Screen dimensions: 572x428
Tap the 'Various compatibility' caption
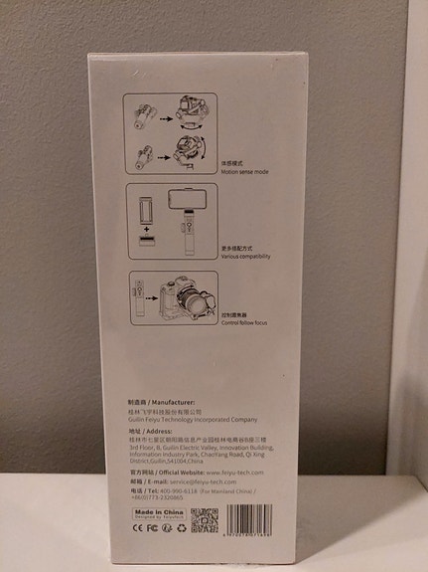tap(245, 256)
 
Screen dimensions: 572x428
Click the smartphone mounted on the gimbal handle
tap(183, 199)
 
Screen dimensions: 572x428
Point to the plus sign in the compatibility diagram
tap(147, 229)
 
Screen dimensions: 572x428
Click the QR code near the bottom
tap(204, 518)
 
